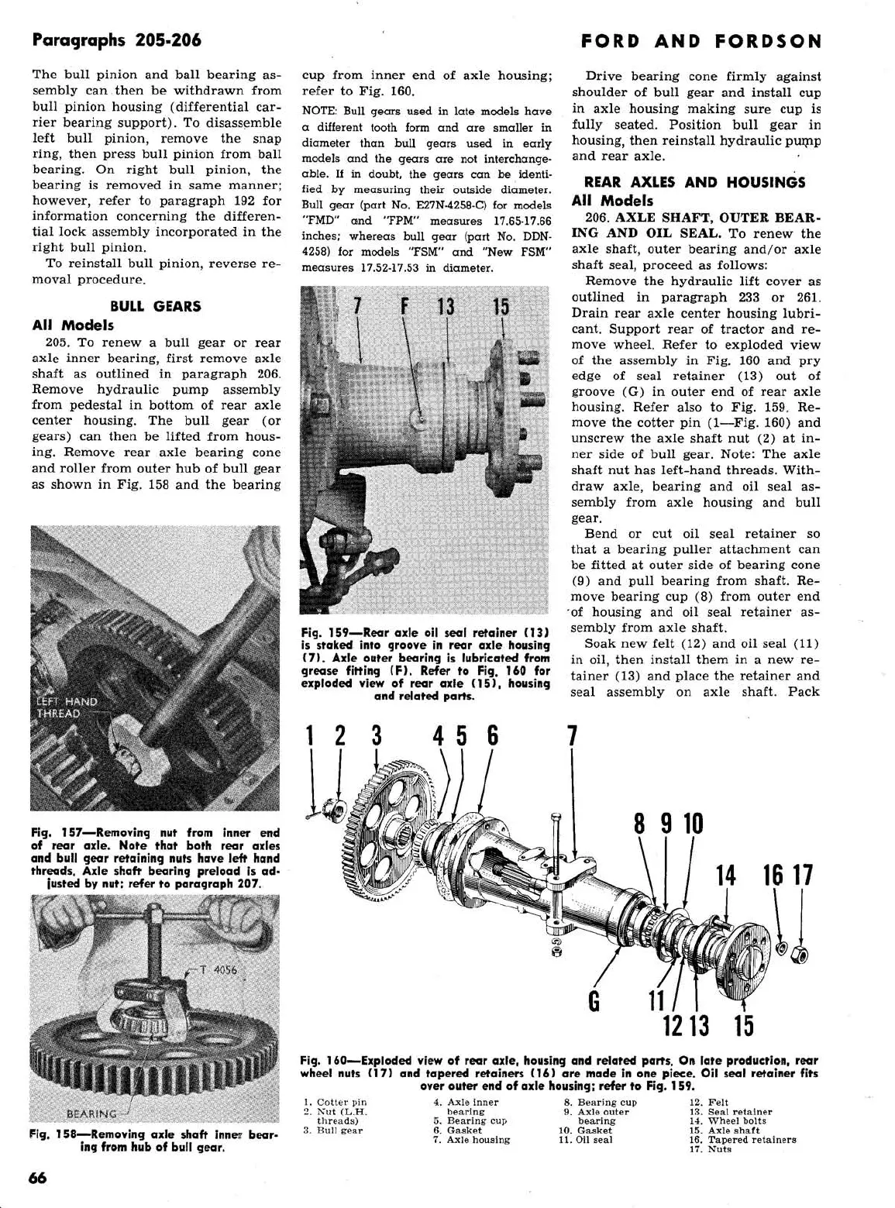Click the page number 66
37,1178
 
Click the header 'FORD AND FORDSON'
701,41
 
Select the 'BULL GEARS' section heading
155,306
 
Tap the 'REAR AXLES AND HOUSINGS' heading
694,183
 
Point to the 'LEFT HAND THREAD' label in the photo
67,707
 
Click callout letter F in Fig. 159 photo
404,307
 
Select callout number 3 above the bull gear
377,735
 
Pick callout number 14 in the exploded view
725,876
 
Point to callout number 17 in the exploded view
804,876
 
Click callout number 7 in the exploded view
572,735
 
